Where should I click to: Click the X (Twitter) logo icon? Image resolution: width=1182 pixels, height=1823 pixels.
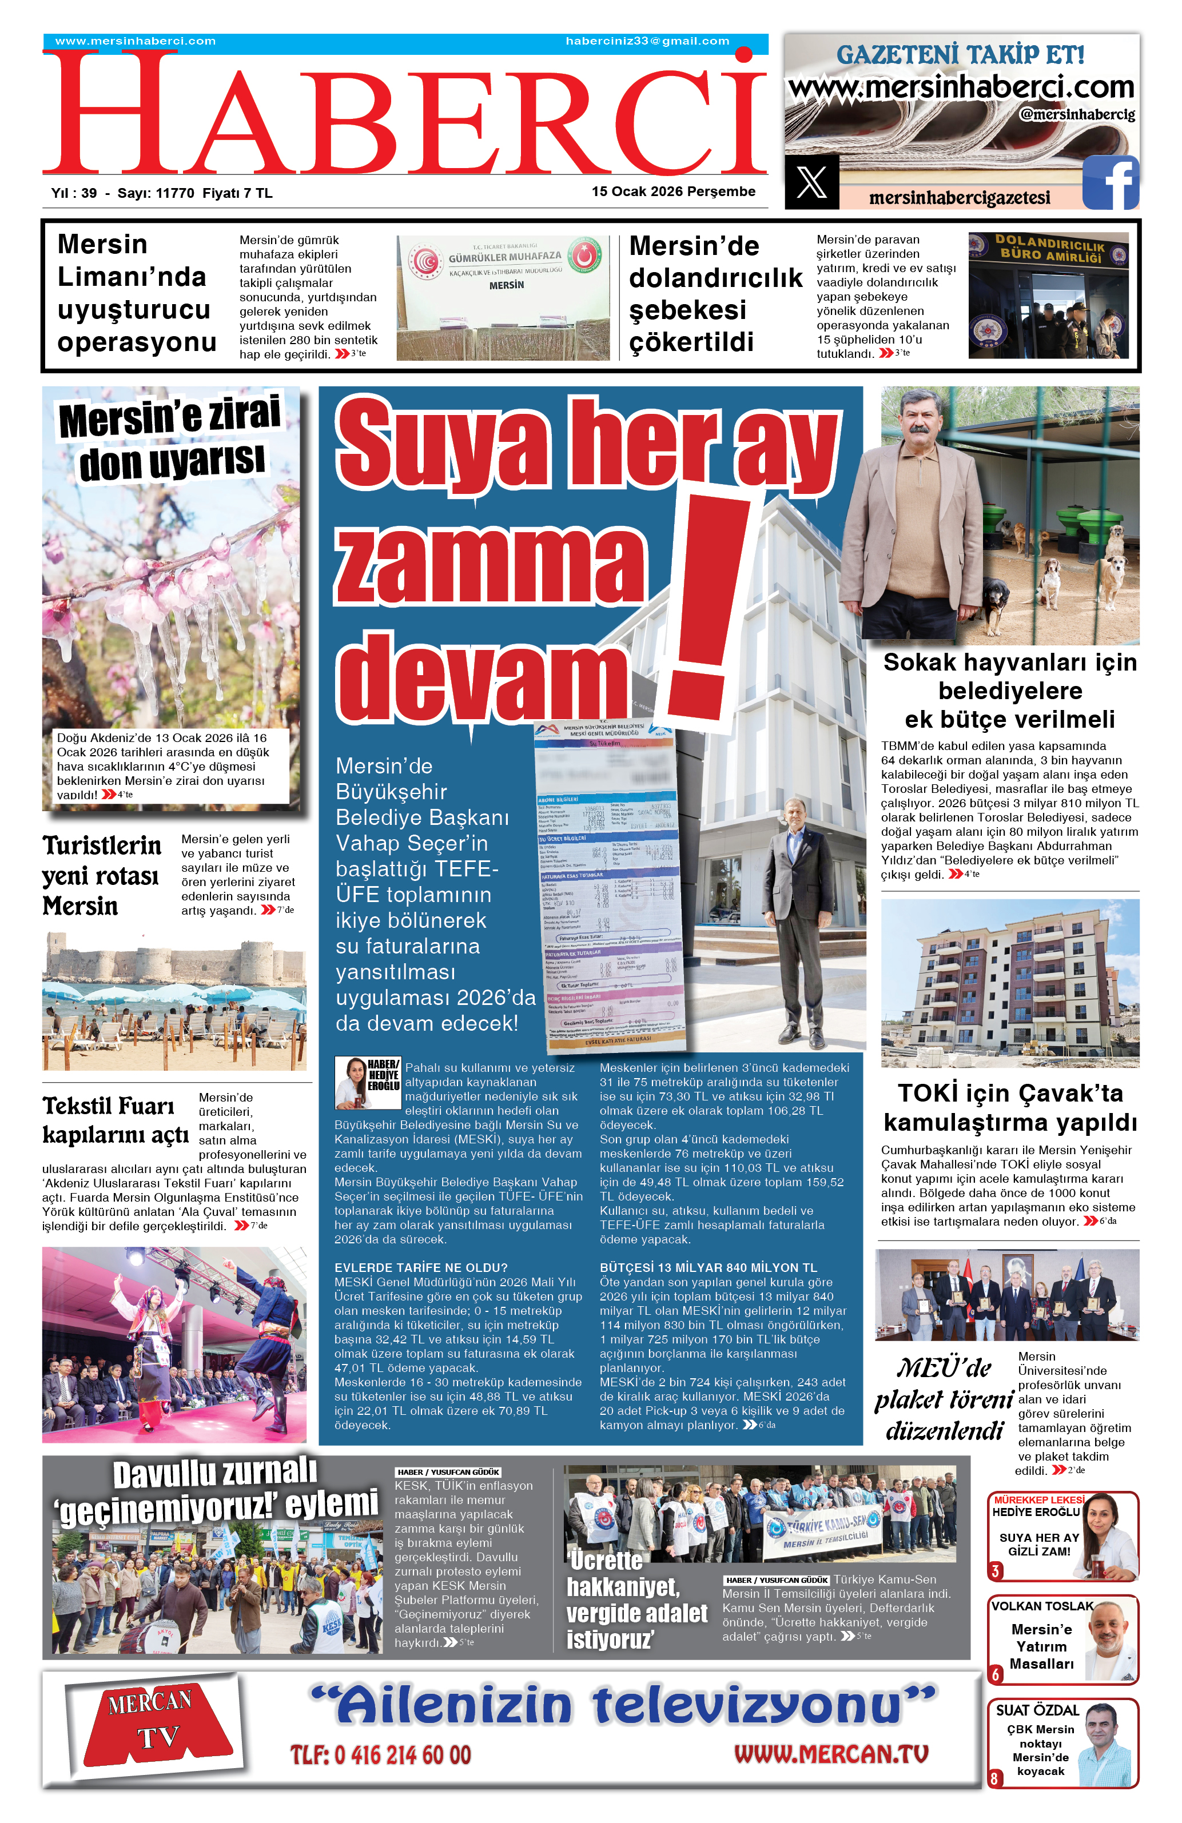tap(811, 182)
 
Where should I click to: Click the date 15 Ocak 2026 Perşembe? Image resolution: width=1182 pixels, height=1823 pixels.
tap(672, 192)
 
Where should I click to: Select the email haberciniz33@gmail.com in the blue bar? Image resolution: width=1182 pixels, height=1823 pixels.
tap(647, 41)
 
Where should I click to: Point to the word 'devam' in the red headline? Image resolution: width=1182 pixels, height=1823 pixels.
tap(479, 678)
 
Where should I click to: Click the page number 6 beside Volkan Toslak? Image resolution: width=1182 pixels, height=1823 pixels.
tap(995, 1674)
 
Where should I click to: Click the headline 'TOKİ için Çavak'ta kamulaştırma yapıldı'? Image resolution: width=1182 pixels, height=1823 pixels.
tap(1010, 1108)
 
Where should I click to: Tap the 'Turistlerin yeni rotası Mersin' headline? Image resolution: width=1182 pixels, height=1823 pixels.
tap(102, 876)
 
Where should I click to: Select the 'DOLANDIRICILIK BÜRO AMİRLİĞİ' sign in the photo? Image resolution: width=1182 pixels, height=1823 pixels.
tap(1049, 249)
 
